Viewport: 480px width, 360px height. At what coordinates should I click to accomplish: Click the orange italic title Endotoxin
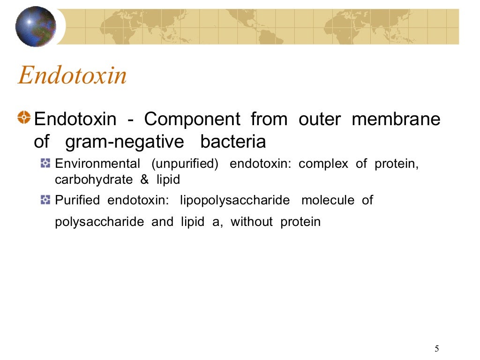tap(72, 76)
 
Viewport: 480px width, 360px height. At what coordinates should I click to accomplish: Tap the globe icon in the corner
tap(36, 26)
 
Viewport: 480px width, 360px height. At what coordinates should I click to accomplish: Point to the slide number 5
tap(437, 348)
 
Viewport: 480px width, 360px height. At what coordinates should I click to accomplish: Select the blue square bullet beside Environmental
tap(45, 164)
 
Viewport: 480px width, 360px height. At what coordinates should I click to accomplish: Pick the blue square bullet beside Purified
tap(45, 200)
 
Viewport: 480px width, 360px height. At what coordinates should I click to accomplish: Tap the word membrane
tap(396, 120)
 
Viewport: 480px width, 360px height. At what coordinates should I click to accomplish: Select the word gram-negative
tap(126, 141)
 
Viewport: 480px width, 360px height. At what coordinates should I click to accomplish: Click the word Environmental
tap(97, 164)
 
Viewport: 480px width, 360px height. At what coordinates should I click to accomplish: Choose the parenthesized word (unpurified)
tap(185, 165)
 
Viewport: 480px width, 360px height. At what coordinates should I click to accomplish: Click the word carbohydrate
tap(94, 180)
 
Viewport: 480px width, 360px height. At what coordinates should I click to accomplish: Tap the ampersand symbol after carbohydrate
tap(144, 180)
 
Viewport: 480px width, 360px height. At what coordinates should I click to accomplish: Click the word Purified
tap(77, 200)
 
